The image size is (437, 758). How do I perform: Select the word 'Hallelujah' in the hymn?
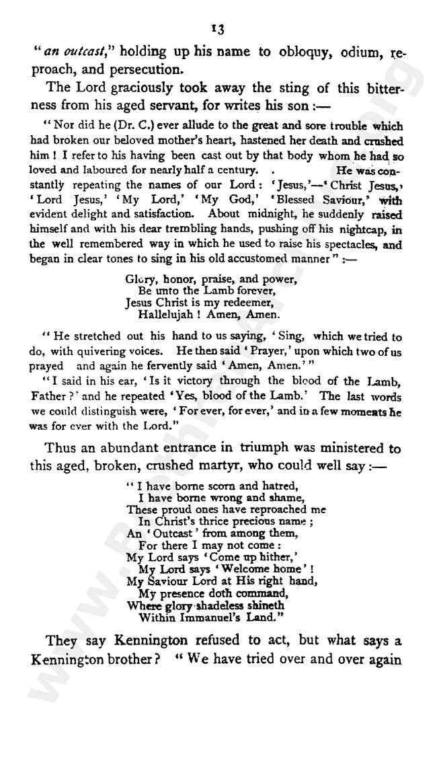[x=168, y=313]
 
